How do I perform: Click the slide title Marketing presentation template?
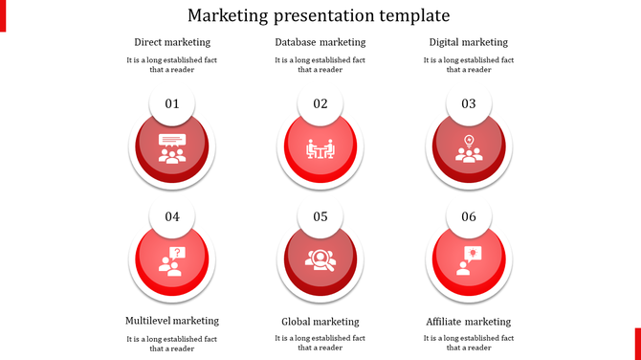pos(320,16)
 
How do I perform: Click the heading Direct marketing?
pos(172,42)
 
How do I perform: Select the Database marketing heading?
pos(320,42)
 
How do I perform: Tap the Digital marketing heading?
pos(469,42)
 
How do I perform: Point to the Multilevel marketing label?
pos(172,321)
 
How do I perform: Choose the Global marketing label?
pos(320,322)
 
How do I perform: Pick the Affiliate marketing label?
pos(469,322)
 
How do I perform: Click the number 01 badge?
pos(172,103)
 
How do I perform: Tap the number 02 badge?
pos(320,103)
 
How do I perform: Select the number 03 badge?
pos(469,103)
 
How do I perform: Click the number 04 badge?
pos(172,216)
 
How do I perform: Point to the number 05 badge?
pos(320,216)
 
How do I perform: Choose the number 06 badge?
pos(469,216)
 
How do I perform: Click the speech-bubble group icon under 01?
pos(172,148)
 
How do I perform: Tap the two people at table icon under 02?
pos(320,149)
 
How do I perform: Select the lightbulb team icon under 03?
pos(469,148)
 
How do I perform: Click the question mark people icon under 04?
pos(172,260)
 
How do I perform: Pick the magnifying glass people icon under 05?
pos(320,260)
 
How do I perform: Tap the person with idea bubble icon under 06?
pos(469,260)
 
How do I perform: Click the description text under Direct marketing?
pos(172,64)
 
